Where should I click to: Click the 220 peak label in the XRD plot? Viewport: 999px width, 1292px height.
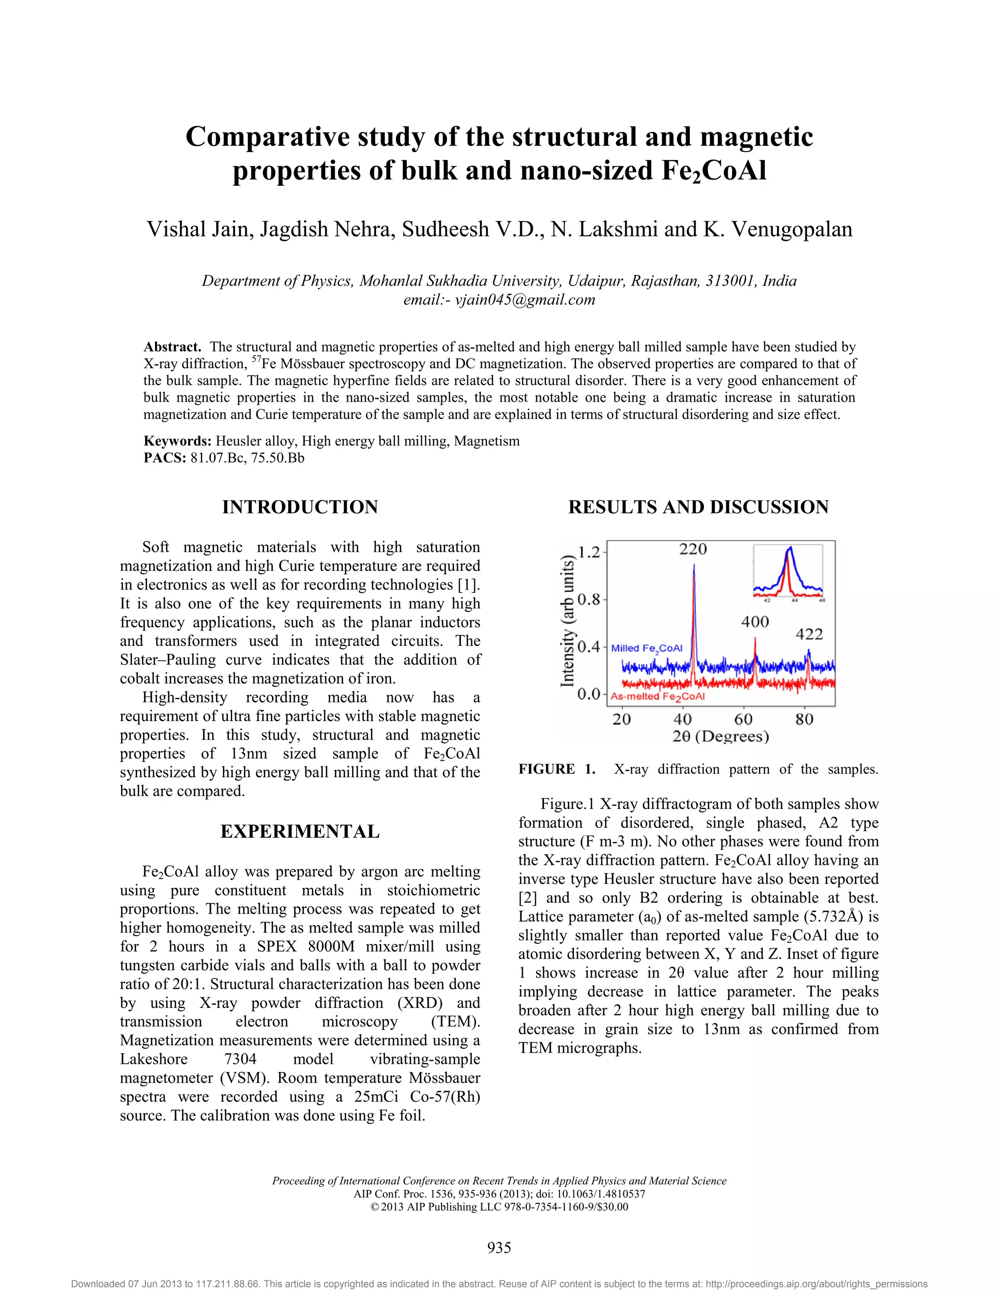click(x=693, y=549)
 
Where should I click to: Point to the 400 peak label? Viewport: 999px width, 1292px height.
click(x=755, y=622)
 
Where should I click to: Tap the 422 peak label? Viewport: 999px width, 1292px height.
click(x=809, y=634)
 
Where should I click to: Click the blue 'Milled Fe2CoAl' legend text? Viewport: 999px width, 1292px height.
click(x=646, y=648)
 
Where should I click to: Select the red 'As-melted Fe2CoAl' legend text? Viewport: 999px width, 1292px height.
click(x=658, y=696)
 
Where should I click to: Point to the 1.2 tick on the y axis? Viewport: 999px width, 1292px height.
click(x=588, y=552)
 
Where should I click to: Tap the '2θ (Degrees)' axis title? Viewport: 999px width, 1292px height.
click(x=720, y=737)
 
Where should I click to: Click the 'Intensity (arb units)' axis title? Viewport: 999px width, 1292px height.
click(x=568, y=621)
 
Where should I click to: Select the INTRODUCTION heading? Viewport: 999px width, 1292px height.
click(x=300, y=507)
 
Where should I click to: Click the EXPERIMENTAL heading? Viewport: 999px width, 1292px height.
click(x=300, y=832)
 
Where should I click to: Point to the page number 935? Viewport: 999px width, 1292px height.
click(x=499, y=1248)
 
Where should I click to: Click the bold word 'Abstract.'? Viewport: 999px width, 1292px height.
click(x=172, y=347)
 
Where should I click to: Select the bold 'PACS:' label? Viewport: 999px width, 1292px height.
click(x=165, y=458)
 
